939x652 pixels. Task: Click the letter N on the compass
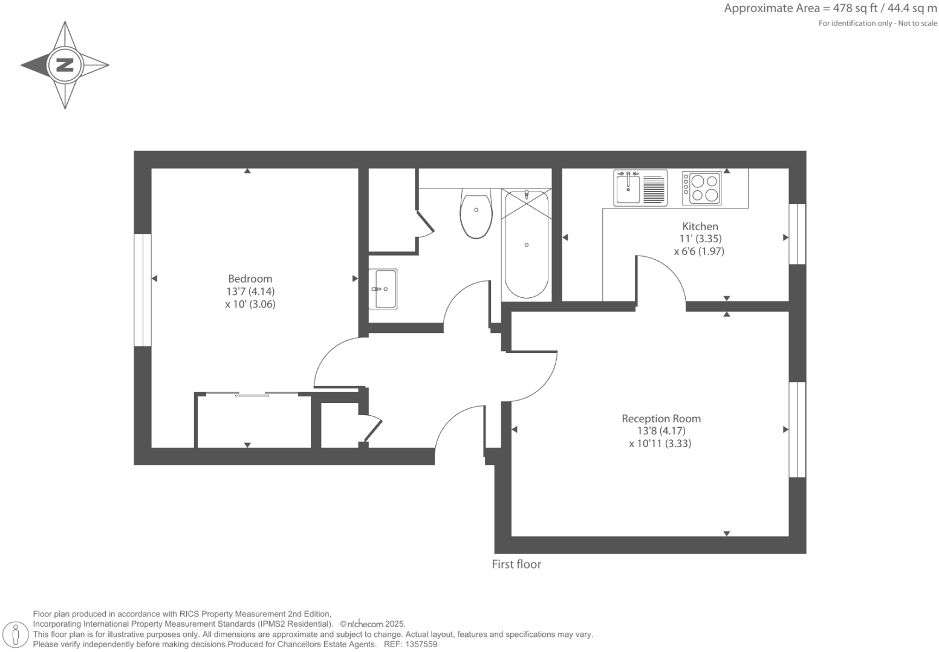(x=65, y=65)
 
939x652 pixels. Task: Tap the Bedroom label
(x=250, y=279)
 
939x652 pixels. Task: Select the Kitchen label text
(x=700, y=226)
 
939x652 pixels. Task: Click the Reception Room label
(x=661, y=418)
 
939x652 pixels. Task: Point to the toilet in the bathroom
(x=476, y=215)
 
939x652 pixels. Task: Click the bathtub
(x=526, y=245)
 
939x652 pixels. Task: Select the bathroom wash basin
(x=383, y=289)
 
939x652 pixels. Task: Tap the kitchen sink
(x=629, y=188)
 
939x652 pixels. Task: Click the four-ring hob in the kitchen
(x=702, y=188)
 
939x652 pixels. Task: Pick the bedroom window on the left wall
(x=143, y=290)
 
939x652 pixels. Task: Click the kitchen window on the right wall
(x=798, y=234)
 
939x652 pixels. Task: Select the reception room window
(x=798, y=429)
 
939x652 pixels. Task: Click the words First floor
(x=516, y=564)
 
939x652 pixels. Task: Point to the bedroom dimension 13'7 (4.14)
(x=250, y=291)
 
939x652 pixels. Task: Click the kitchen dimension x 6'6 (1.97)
(x=699, y=251)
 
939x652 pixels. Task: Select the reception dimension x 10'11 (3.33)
(x=660, y=444)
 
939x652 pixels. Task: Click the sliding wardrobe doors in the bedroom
(x=252, y=395)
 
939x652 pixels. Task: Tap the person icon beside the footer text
(x=16, y=634)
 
